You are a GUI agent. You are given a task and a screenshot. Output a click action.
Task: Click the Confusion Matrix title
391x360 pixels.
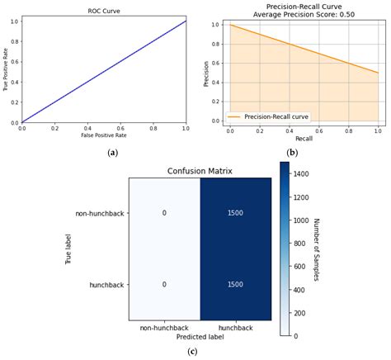click(x=200, y=172)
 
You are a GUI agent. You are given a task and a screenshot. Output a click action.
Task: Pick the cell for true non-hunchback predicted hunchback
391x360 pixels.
click(x=236, y=212)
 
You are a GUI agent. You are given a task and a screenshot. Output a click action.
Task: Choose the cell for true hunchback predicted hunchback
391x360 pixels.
click(x=236, y=283)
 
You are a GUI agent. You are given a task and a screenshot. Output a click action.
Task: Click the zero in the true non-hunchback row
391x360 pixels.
click(x=164, y=212)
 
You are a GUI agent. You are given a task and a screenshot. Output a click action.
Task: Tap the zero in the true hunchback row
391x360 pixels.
click(x=164, y=283)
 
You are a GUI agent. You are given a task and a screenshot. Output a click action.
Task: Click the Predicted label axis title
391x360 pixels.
click(x=200, y=337)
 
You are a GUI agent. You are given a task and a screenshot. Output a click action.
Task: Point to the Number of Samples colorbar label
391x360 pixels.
click(x=317, y=249)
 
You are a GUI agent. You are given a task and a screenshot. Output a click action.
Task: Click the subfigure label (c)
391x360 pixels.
click(x=192, y=352)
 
